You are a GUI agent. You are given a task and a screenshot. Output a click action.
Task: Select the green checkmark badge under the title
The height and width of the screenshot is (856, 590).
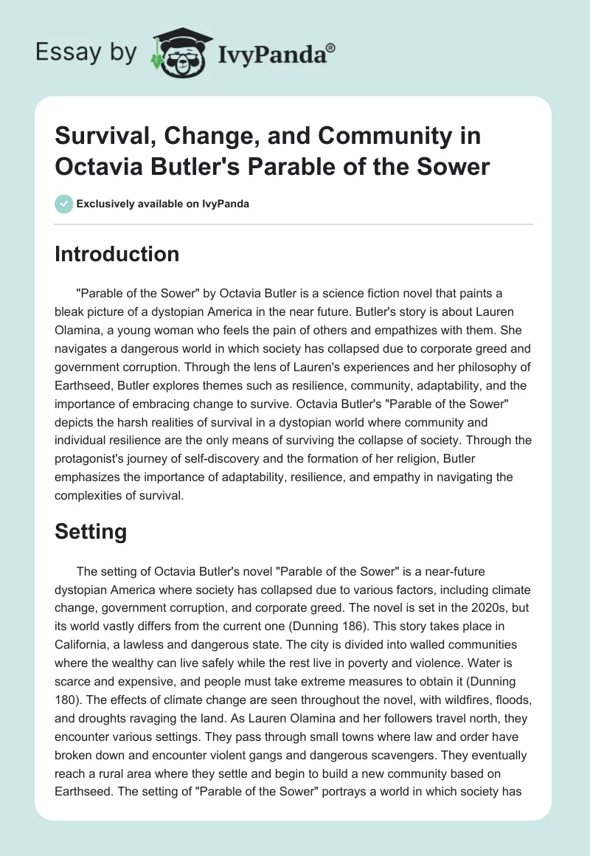[x=63, y=204]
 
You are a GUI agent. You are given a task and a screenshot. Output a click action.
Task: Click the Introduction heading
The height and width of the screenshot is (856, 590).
[x=117, y=254]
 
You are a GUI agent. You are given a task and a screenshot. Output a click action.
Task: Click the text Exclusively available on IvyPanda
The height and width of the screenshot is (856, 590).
[x=162, y=204]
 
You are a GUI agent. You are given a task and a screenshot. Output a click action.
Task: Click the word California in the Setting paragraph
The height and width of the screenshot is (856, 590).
[x=86, y=627]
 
